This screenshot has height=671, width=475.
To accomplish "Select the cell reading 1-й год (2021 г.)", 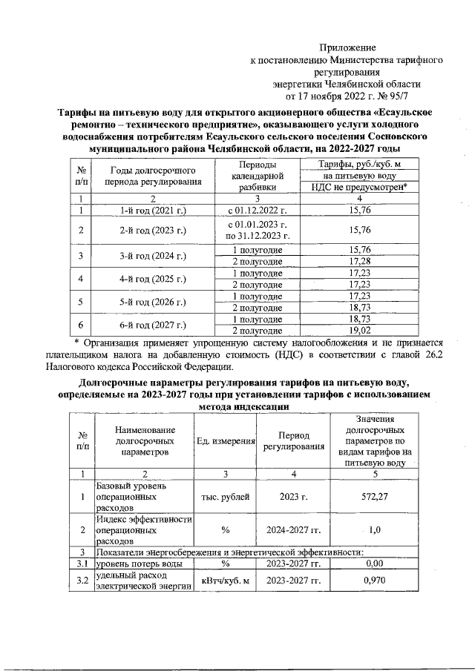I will pyautogui.click(x=152, y=211).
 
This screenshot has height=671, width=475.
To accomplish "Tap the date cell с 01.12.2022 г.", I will pyautogui.click(x=257, y=211).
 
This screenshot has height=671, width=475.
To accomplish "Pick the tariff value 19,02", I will pyautogui.click(x=359, y=331).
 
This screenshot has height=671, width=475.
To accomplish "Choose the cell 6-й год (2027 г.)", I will pyautogui.click(x=152, y=325).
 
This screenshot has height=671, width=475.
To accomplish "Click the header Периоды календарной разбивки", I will pyautogui.click(x=257, y=176).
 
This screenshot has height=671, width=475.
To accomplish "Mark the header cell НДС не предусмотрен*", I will pyautogui.click(x=359, y=188).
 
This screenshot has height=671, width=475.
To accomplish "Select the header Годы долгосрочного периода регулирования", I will pyautogui.click(x=152, y=176).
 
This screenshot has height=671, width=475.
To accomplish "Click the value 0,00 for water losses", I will pyautogui.click(x=375, y=563).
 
